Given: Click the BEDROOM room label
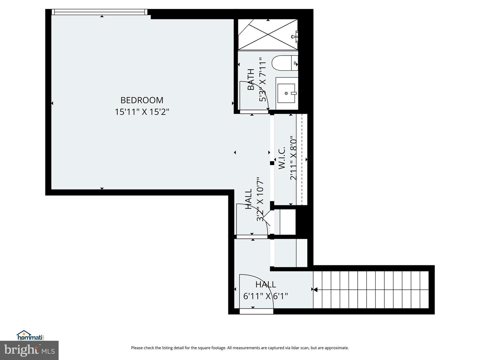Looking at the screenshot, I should (142, 100).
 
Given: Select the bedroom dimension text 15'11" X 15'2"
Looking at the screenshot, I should (142, 112).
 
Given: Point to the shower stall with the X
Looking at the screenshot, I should (267, 35).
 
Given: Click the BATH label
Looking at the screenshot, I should (251, 79).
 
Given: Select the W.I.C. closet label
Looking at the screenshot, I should (282, 158).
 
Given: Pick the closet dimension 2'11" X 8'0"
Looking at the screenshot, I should (293, 158).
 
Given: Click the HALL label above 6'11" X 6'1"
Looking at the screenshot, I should (266, 284).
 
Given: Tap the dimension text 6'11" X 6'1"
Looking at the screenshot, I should (266, 296).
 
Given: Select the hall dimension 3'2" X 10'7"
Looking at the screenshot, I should (260, 199).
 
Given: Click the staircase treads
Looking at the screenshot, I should (371, 290).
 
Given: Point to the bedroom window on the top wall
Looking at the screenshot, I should (100, 12).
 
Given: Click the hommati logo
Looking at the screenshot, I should (30, 335).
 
